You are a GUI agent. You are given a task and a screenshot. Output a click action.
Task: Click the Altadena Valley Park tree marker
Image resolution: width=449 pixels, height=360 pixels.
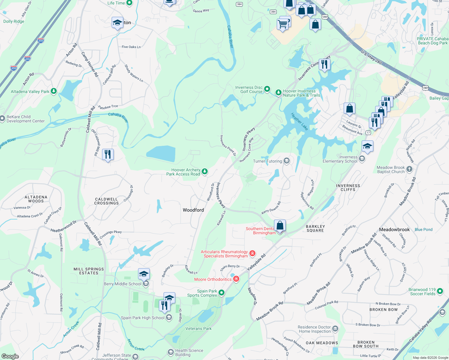point(54,91)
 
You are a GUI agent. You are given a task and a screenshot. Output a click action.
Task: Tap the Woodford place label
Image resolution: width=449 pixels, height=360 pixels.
point(193,210)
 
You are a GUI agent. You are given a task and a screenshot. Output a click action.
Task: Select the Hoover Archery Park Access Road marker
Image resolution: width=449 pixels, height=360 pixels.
point(204,172)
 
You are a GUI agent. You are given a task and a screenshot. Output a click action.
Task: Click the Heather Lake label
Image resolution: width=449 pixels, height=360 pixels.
point(299,121)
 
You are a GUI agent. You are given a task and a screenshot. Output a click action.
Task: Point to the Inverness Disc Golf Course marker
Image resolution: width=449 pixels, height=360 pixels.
point(267,89)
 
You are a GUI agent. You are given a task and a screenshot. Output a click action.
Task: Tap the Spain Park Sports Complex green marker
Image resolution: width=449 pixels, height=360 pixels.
point(221,292)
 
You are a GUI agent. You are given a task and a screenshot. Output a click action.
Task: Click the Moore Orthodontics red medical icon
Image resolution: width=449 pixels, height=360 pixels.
point(236,279)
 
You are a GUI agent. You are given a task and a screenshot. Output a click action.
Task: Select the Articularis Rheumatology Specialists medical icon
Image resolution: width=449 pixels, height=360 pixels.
point(252,253)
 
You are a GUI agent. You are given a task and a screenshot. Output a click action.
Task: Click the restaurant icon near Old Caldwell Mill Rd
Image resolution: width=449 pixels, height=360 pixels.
point(108,154)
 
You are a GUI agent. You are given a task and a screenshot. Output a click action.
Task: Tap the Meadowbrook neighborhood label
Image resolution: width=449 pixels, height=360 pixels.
point(394,229)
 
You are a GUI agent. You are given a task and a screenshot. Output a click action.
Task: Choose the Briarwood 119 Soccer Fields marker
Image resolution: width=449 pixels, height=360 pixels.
point(440,291)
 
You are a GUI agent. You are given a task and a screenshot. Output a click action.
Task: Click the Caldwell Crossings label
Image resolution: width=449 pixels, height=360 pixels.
point(107,201)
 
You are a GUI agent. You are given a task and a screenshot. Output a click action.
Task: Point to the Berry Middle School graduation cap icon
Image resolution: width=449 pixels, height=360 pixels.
point(144,274)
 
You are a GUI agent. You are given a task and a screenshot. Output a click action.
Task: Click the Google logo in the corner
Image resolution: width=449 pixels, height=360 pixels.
point(10,356)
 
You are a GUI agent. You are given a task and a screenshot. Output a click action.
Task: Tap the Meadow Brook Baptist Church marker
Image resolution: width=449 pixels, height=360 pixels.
point(409,169)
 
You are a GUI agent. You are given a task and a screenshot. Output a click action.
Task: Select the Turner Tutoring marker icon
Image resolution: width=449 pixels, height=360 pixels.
point(287,161)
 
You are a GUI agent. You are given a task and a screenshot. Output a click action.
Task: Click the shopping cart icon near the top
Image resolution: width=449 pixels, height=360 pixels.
point(283,24)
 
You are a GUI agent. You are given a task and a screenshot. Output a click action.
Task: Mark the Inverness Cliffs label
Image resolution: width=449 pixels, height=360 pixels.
point(348,187)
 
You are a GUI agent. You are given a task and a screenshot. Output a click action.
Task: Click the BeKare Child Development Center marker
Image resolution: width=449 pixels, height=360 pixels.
point(2,119)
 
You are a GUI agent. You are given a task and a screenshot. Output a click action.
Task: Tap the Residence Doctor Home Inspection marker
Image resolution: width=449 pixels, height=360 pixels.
point(335,329)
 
